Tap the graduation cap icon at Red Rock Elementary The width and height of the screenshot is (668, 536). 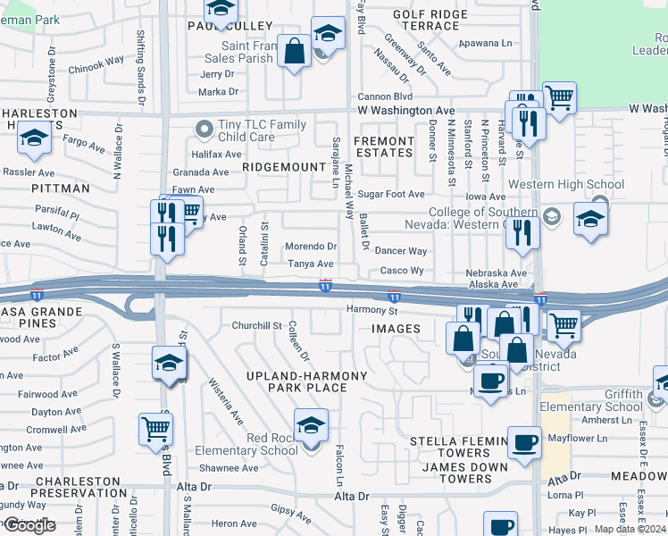[x=311, y=425]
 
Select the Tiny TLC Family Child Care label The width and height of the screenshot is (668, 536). [x=249, y=131]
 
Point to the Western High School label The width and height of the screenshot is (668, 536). [x=566, y=185]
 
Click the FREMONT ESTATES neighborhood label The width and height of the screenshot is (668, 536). [x=384, y=147]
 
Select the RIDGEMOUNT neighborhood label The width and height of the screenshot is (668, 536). [x=284, y=167]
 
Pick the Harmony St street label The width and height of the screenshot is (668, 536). [x=372, y=311]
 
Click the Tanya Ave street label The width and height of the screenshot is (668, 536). [x=310, y=264]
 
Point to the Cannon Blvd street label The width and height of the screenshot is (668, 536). [x=384, y=96]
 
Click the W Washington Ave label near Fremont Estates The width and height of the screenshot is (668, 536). [x=405, y=110]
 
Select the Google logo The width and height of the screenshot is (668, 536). [x=29, y=525]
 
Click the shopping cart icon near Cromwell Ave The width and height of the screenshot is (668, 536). [x=155, y=429]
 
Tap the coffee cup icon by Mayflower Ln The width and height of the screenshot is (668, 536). [x=523, y=441]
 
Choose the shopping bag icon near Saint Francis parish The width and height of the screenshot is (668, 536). [x=294, y=51]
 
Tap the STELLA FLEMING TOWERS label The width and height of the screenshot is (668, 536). [x=450, y=448]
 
